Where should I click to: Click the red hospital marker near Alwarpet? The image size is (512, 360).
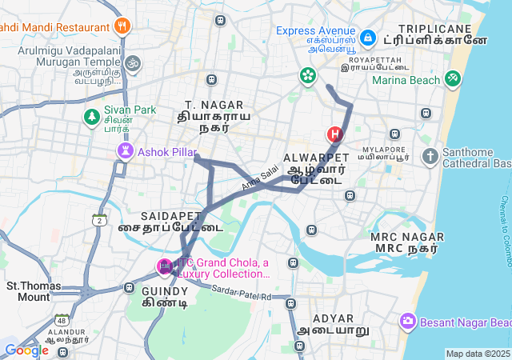coord(334,134)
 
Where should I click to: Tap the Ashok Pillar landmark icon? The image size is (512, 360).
coord(125,150)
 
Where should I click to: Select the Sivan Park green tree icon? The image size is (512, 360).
coord(92,117)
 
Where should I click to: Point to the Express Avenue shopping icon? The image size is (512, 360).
coord(367,38)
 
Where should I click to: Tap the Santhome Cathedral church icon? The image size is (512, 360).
coord(430,156)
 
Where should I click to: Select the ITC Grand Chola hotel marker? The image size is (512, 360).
coord(164,266)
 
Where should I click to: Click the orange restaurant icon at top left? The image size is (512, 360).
coord(122,26)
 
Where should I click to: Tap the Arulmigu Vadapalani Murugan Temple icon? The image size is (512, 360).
coord(133,62)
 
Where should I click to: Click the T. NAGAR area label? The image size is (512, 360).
coord(207,105)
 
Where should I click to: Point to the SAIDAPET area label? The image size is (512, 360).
coord(170,216)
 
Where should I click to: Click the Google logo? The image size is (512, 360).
coord(26,350)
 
